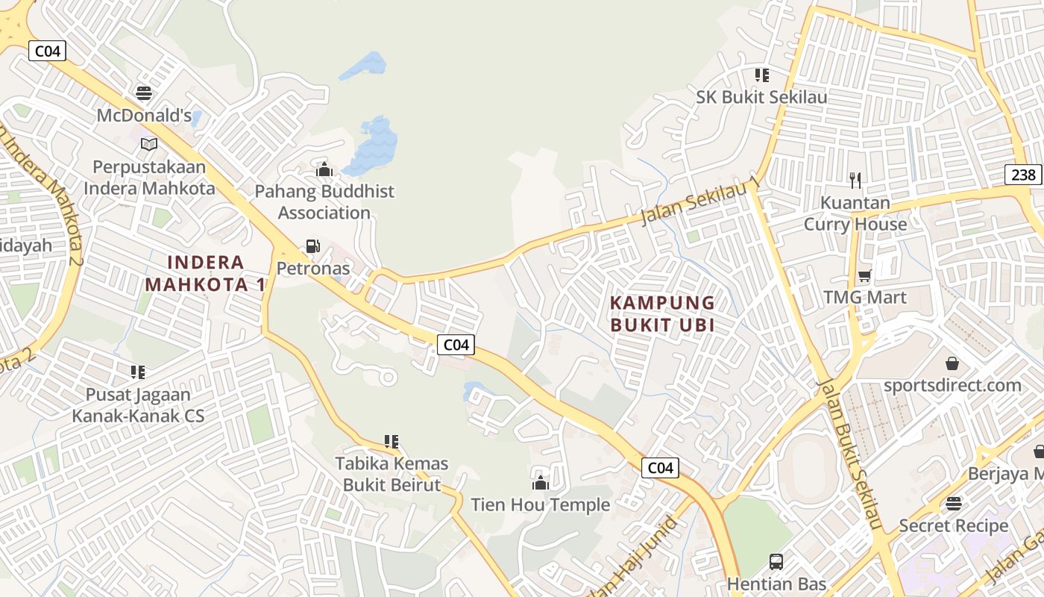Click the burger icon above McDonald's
click(x=144, y=93)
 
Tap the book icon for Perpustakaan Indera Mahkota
click(x=149, y=144)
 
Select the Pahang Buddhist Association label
click(x=324, y=202)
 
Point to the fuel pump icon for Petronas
click(x=314, y=246)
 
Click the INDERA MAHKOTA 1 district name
click(x=206, y=273)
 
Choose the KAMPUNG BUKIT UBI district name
click(x=662, y=313)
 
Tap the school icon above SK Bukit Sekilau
click(x=761, y=75)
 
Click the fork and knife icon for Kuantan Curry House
click(x=855, y=180)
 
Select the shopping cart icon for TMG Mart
click(x=865, y=276)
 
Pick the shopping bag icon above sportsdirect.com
click(x=952, y=363)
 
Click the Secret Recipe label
click(x=954, y=525)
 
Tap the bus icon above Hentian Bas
click(x=776, y=561)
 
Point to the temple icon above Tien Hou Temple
click(x=541, y=483)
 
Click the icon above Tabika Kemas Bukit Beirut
click(x=391, y=442)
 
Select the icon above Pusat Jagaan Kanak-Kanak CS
click(x=138, y=372)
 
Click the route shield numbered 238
click(x=1024, y=175)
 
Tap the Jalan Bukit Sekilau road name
click(x=851, y=455)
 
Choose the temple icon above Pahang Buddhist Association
click(x=324, y=170)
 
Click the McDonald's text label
click(x=144, y=116)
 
